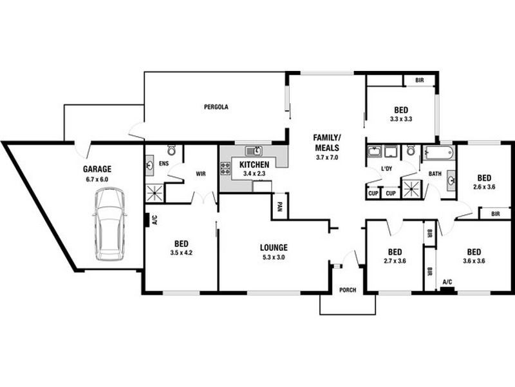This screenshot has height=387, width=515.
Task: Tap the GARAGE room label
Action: click(97, 169)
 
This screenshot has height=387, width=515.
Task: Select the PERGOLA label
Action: click(216, 107)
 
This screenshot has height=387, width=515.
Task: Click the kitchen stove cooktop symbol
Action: click(226, 169)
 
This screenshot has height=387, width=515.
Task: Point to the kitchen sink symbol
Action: click(253, 152)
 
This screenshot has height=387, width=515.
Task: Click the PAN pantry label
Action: click(279, 206)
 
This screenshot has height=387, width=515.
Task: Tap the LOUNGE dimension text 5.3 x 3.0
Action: click(274, 257)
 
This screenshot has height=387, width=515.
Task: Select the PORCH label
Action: click(347, 290)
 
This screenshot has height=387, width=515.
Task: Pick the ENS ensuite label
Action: click(164, 164)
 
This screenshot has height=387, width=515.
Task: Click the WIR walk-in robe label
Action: click(200, 174)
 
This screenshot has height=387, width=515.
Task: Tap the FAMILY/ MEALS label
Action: click(327, 143)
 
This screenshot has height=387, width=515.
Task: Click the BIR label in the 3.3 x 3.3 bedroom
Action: click(420, 81)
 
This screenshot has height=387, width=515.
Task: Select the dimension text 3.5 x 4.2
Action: click(181, 253)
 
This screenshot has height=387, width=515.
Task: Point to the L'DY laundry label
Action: click(386, 168)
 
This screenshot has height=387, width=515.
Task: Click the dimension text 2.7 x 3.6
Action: click(395, 261)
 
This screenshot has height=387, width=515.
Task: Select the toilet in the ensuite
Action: click(171, 150)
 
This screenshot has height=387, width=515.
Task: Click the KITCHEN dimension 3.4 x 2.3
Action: click(253, 174)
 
